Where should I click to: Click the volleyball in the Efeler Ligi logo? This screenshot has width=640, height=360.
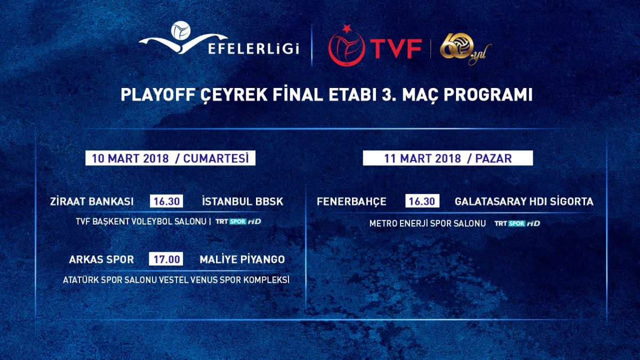(181, 30)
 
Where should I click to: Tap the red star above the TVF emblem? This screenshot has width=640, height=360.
(347, 29)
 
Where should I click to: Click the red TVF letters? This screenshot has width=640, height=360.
(396, 49)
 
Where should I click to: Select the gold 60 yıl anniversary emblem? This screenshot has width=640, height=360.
(466, 51)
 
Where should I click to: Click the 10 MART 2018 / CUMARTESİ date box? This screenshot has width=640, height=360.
(170, 158)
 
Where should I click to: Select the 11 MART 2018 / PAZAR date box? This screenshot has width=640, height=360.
(447, 158)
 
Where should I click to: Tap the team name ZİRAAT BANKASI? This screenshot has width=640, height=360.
(92, 202)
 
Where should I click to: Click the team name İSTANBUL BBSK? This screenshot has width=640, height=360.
(243, 202)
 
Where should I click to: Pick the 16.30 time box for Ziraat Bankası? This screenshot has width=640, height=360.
(166, 202)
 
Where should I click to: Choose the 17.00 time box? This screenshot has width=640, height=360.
(166, 259)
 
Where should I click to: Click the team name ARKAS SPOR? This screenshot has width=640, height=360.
(101, 259)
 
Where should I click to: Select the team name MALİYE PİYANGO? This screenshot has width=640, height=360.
(242, 259)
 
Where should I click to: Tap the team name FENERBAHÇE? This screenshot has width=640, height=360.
(351, 202)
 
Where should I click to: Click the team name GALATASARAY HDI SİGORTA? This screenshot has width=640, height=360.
(524, 202)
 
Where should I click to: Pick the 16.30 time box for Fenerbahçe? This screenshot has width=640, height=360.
(422, 201)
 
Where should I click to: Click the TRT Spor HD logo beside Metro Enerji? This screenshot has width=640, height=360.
(517, 223)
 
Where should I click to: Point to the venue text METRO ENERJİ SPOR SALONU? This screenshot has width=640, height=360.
(427, 223)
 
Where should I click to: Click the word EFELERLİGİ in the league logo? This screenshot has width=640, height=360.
(254, 49)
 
